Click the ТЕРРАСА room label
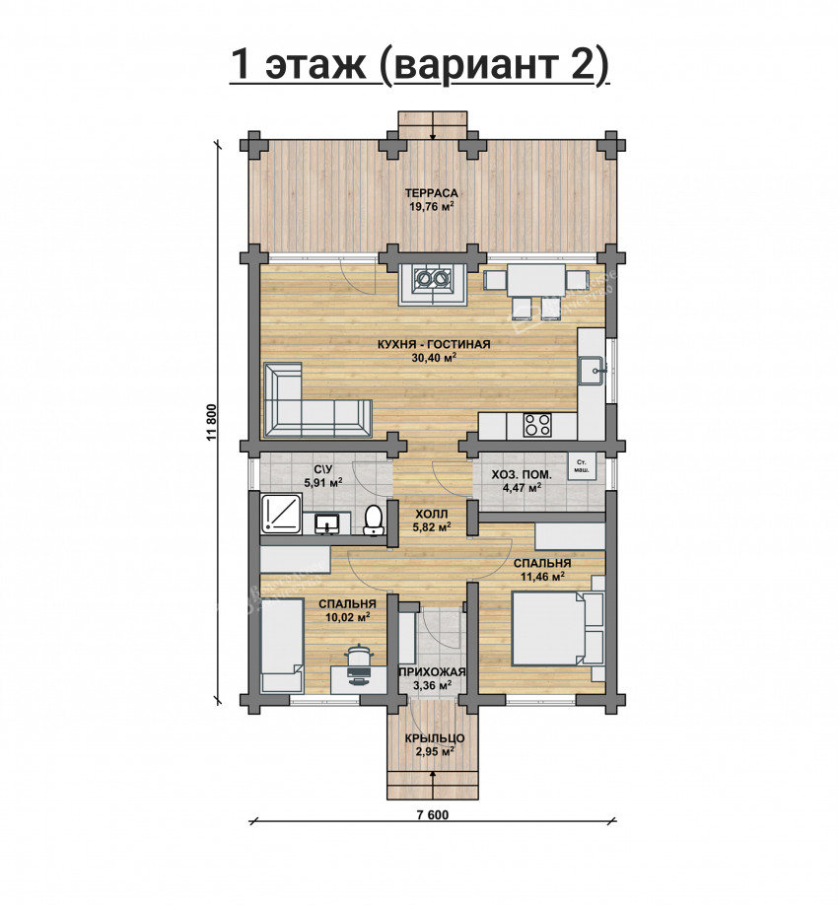tap(431, 193)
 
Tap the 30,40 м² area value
tap(434, 357)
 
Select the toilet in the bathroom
tap(374, 519)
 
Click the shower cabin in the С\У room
tap(281, 513)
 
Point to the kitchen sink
tap(592, 370)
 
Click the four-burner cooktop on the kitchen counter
tap(537, 425)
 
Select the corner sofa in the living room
tap(316, 400)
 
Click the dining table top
tap(536, 280)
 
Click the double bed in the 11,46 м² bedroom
tap(551, 629)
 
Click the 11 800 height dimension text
tap(211, 421)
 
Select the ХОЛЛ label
tap(431, 513)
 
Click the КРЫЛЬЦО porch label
tap(434, 738)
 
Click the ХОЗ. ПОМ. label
tap(522, 475)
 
